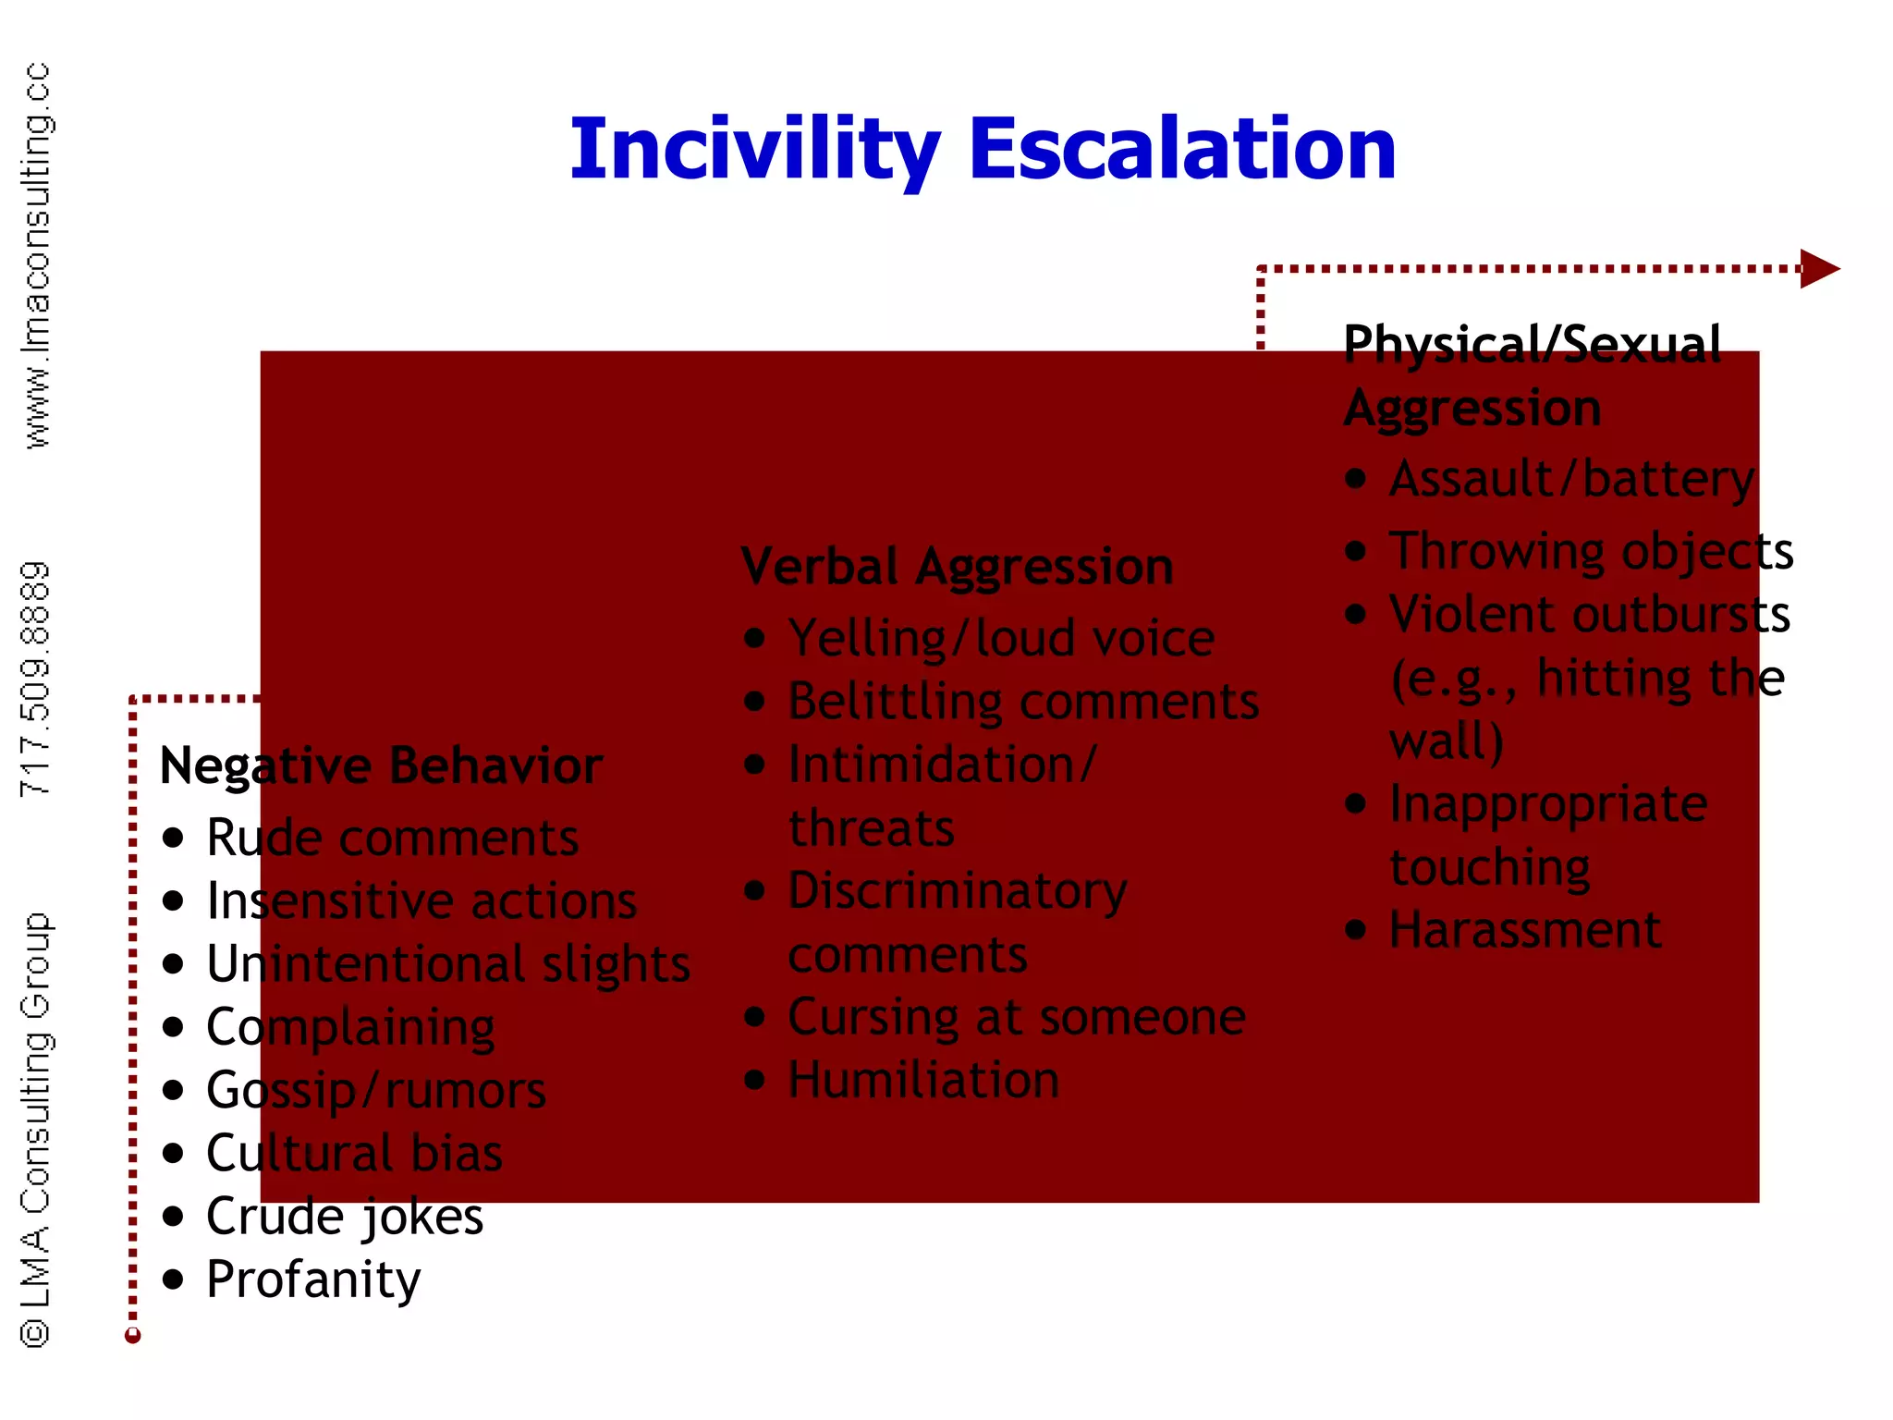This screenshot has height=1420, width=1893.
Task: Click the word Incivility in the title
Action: coord(754,151)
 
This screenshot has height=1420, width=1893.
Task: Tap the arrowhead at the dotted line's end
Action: coord(1818,269)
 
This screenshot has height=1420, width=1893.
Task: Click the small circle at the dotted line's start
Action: coord(133,1335)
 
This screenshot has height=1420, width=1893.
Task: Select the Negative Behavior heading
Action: coord(381,766)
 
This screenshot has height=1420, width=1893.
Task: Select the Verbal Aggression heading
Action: coord(957,567)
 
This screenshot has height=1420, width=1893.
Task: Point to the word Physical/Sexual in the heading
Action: coord(1532,344)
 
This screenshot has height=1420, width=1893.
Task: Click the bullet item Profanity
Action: coord(312,1279)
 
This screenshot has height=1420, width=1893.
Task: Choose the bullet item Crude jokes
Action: coord(344,1217)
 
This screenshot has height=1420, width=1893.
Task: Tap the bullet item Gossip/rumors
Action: coord(375,1091)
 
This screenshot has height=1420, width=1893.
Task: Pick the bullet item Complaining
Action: coord(350,1027)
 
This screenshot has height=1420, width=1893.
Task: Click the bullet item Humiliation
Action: coord(922,1080)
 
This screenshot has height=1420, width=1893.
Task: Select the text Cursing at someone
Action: coord(1016,1017)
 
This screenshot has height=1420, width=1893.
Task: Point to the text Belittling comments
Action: coord(1022,702)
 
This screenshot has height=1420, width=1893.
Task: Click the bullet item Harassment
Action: coord(1524,929)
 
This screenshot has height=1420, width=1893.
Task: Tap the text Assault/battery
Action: coord(1570,479)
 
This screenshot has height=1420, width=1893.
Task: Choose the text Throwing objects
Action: coord(1590,551)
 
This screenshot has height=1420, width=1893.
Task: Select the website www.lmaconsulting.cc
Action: coord(37,256)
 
